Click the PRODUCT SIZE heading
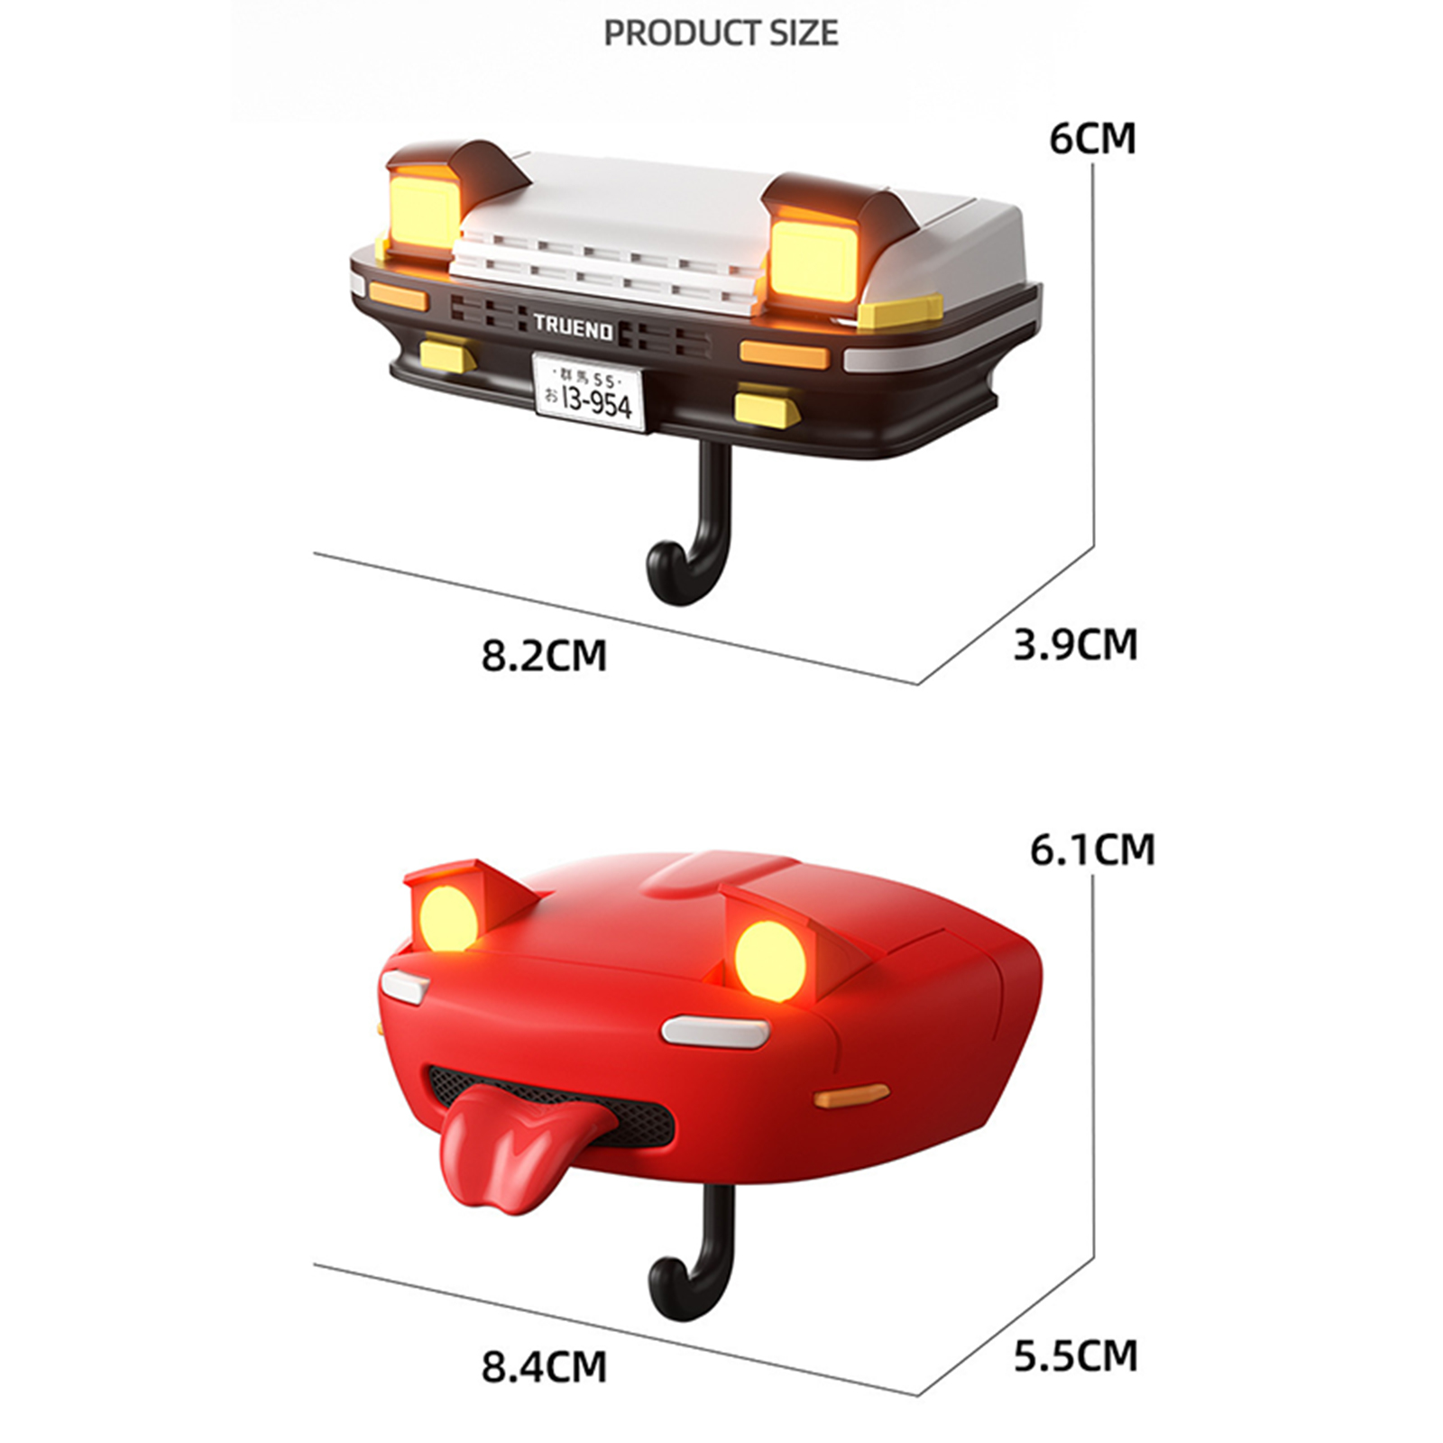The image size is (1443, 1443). click(x=721, y=33)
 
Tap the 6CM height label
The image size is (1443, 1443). click(x=1092, y=139)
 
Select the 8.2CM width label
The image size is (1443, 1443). click(x=544, y=655)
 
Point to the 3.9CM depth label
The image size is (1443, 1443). click(x=1075, y=645)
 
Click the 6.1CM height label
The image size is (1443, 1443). click(x=1092, y=850)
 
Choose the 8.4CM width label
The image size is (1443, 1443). click(x=544, y=1366)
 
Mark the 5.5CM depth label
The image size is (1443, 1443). click(x=1075, y=1356)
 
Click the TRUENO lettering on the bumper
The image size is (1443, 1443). click(x=573, y=327)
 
